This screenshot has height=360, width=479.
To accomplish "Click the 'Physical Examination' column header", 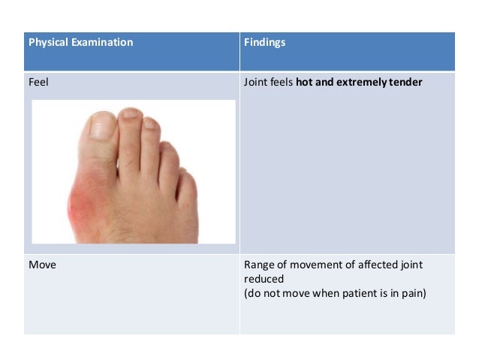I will (x=80, y=43).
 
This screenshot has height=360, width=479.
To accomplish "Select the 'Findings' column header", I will (x=264, y=43).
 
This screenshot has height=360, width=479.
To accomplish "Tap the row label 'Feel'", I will (x=38, y=82).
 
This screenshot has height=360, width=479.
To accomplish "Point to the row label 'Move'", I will (x=42, y=265).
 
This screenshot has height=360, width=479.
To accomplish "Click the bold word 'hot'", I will (x=304, y=82).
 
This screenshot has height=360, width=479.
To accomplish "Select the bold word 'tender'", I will (x=405, y=82).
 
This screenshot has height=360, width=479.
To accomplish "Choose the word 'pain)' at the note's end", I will (x=411, y=292).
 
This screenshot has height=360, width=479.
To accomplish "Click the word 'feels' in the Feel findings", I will (x=282, y=82).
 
